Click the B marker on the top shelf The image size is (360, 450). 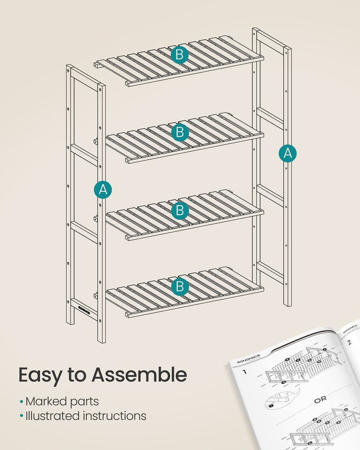click(179, 55)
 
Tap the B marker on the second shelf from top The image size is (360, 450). click(180, 132)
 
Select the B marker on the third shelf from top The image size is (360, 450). click(180, 210)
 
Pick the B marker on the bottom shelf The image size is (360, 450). click(180, 285)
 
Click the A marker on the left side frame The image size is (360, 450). click(103, 190)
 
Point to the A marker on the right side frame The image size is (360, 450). click(288, 153)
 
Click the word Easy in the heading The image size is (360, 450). click(40, 375)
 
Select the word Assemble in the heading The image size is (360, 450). click(139, 375)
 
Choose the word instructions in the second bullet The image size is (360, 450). click(115, 416)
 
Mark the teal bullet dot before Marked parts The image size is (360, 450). click(21, 401)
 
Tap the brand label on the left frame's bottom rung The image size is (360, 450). click(84, 310)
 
